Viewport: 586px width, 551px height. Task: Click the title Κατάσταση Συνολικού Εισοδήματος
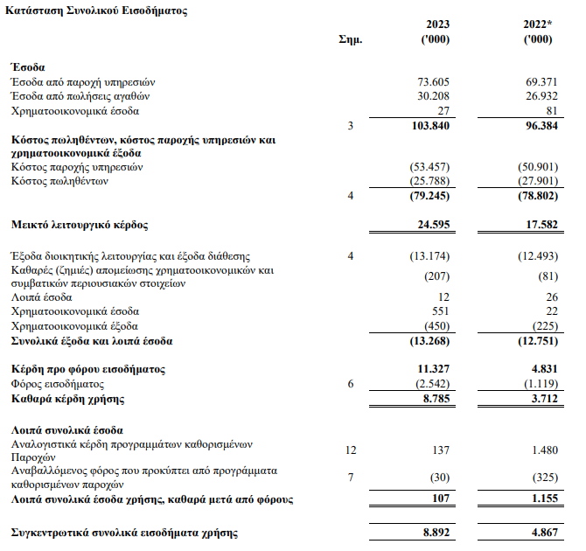tap(96, 10)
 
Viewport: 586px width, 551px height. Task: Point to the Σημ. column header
tap(350, 40)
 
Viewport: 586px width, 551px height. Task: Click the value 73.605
tap(433, 81)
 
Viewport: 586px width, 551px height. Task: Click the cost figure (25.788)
tap(429, 181)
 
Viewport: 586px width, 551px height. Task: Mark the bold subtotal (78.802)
tap(533, 196)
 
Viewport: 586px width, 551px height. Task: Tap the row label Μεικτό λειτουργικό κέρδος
tap(80, 226)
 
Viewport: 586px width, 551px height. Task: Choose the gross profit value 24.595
tap(432, 226)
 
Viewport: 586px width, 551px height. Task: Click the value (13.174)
tap(429, 256)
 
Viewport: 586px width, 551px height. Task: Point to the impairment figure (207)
tap(435, 277)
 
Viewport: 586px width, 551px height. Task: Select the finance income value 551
tap(439, 311)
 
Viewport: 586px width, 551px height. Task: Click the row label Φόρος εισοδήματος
tap(58, 384)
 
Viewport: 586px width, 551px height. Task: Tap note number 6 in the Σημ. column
tap(350, 384)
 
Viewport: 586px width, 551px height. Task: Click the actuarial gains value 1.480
tap(542, 450)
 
